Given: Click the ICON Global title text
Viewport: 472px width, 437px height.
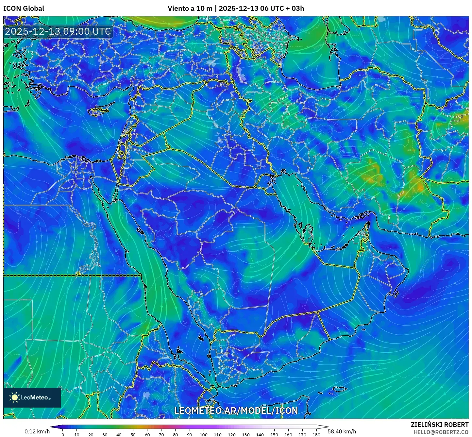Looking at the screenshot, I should [x=24, y=8].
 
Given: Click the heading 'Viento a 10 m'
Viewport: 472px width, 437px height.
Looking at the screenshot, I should [x=190, y=8].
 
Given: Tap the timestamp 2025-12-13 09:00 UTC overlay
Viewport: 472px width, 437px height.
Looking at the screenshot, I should [x=58, y=31].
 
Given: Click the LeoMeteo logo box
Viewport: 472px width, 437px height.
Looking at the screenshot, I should [x=32, y=397].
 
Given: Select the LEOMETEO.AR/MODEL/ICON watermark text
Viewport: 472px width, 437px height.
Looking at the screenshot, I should [x=236, y=411].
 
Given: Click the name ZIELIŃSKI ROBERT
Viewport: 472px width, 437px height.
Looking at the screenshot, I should [x=439, y=425].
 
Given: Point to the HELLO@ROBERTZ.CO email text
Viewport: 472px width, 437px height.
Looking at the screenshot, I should [x=441, y=432].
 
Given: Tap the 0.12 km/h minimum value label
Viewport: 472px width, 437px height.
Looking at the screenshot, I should [x=37, y=431].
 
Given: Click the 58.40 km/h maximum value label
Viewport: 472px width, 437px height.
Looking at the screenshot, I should [x=342, y=431].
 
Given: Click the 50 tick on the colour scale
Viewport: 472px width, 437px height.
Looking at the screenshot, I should [x=133, y=434].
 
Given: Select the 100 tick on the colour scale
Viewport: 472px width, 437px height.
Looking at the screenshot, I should [x=204, y=434].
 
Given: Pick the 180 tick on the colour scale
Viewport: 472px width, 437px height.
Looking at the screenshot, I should [x=316, y=434].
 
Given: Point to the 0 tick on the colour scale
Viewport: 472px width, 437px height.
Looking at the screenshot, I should [x=63, y=434].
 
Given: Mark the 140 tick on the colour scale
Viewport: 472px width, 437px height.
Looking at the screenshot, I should [x=260, y=434].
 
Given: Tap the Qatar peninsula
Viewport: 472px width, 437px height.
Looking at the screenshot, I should [x=307, y=233].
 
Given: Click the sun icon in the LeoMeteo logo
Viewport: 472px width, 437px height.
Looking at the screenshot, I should [x=14, y=397].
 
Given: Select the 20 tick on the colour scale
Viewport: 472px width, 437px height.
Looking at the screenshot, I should [x=91, y=434].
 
